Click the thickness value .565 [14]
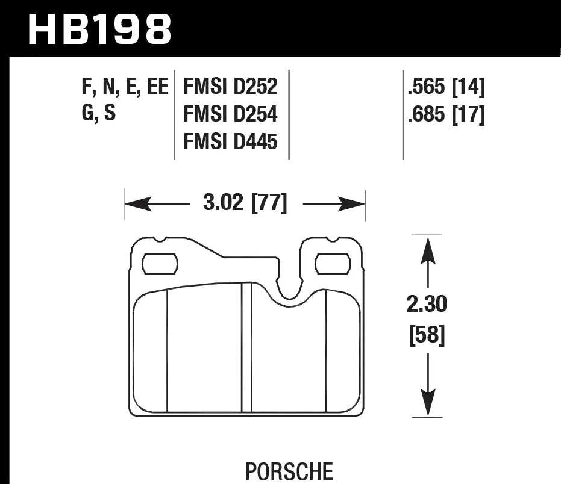tap(446, 88)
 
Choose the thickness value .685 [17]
tap(446, 114)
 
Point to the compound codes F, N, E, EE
tap(125, 87)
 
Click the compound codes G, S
tap(98, 114)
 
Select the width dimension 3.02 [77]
tap(245, 203)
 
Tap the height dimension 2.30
tap(427, 305)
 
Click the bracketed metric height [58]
tap(427, 336)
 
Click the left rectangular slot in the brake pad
tap(160, 264)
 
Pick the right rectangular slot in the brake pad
tap(333, 263)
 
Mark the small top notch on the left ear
tap(160, 239)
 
